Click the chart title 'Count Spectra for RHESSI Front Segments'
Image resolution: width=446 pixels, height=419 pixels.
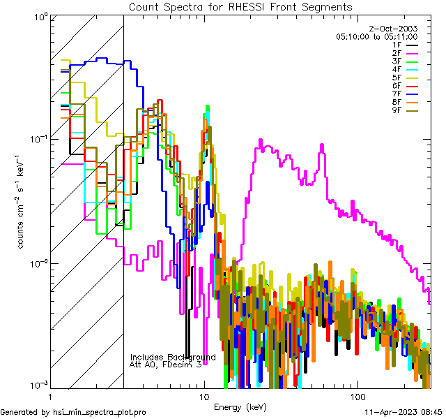click(x=240, y=6)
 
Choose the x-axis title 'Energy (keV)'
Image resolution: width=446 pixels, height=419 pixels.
click(x=240, y=406)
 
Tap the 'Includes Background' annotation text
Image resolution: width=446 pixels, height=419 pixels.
click(x=173, y=357)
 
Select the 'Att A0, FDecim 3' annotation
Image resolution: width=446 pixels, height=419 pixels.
click(x=166, y=365)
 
